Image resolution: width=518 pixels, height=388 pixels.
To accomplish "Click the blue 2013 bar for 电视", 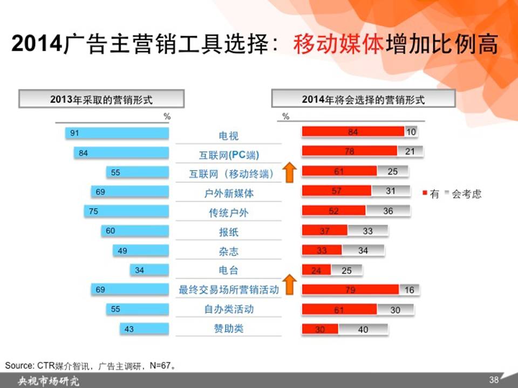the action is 117,133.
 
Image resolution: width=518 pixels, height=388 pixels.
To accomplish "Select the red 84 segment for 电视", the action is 353,131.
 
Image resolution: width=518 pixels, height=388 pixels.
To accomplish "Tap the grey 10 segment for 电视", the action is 411,131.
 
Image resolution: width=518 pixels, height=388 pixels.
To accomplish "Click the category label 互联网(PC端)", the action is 229,155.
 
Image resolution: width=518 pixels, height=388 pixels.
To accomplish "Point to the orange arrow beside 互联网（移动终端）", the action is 289,172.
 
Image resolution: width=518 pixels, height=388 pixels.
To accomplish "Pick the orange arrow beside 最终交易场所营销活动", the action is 289,284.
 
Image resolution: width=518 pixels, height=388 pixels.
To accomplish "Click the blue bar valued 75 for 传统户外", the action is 126,211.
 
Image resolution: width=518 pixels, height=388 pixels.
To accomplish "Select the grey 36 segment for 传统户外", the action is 388,211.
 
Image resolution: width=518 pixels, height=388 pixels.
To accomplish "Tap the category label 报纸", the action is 229,232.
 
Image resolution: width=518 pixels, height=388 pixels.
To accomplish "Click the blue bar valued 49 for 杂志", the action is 141,251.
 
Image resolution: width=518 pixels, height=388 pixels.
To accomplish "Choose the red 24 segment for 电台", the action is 316,270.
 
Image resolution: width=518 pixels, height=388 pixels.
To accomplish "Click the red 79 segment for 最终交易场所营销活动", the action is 351,289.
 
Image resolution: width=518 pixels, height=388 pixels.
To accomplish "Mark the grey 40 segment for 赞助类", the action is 363,329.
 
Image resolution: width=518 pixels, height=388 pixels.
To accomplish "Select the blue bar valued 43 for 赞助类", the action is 145,329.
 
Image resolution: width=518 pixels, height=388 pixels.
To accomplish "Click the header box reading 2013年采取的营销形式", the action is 101,99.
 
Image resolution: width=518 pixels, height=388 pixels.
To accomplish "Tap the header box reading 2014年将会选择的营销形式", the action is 363,99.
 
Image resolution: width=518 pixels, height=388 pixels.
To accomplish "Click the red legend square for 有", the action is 425,193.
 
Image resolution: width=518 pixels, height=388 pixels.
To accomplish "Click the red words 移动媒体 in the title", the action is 338,44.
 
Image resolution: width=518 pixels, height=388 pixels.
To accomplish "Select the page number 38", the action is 494,379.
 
